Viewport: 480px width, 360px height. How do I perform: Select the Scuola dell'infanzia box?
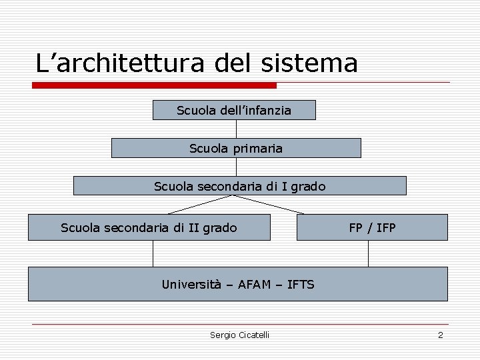(x=234, y=110)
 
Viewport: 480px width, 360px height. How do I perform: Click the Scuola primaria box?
(x=236, y=148)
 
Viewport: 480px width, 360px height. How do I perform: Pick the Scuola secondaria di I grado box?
(x=239, y=186)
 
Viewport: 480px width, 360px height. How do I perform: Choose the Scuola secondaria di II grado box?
(x=149, y=228)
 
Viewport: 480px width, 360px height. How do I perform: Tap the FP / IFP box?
(x=372, y=228)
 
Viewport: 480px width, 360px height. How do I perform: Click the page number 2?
(x=440, y=335)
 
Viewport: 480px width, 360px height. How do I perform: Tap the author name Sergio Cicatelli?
(x=239, y=335)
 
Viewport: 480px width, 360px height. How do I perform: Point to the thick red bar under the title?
(x=154, y=85)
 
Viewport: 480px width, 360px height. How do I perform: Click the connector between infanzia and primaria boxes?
(x=236, y=129)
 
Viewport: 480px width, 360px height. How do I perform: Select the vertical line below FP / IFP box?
(x=369, y=253)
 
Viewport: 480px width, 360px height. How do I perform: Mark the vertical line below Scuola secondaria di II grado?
(x=153, y=253)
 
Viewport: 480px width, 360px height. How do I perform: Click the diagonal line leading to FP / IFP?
(x=271, y=205)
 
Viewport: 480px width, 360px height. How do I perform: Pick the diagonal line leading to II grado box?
(x=201, y=205)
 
